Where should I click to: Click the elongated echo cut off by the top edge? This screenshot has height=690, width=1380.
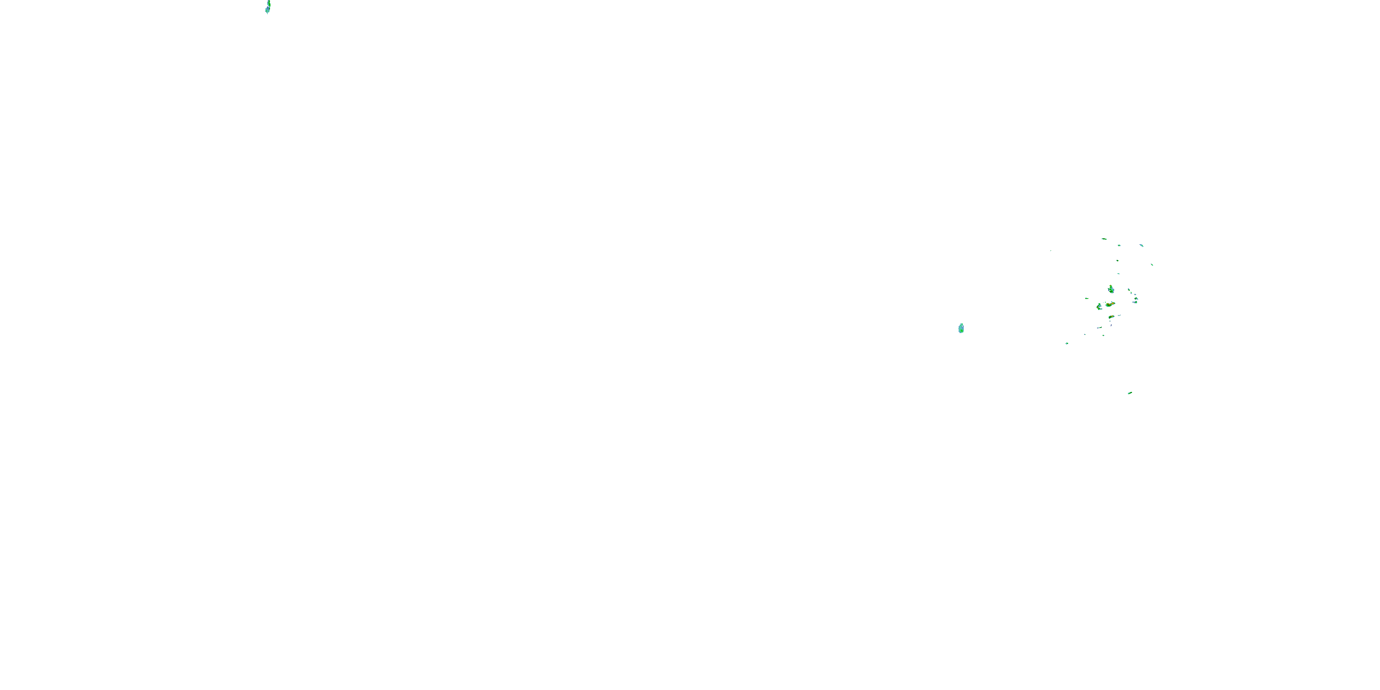(x=268, y=7)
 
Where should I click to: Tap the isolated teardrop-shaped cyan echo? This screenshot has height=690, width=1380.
(x=961, y=328)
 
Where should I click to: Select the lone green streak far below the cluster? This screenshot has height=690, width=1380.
(x=1130, y=393)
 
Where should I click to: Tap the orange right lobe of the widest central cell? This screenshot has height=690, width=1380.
(x=1113, y=303)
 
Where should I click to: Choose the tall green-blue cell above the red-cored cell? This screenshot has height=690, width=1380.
(x=1111, y=289)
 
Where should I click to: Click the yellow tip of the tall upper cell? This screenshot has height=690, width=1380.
(x=1110, y=286)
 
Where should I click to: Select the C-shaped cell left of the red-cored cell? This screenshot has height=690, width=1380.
(x=1099, y=307)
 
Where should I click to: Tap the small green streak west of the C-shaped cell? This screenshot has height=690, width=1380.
(x=1087, y=299)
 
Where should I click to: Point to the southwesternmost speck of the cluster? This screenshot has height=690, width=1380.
(x=1067, y=344)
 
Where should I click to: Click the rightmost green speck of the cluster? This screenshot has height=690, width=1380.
(x=1152, y=264)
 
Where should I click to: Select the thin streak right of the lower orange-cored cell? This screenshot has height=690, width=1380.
(x=1119, y=315)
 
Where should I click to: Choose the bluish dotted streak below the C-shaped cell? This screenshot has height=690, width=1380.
(x=1099, y=328)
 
